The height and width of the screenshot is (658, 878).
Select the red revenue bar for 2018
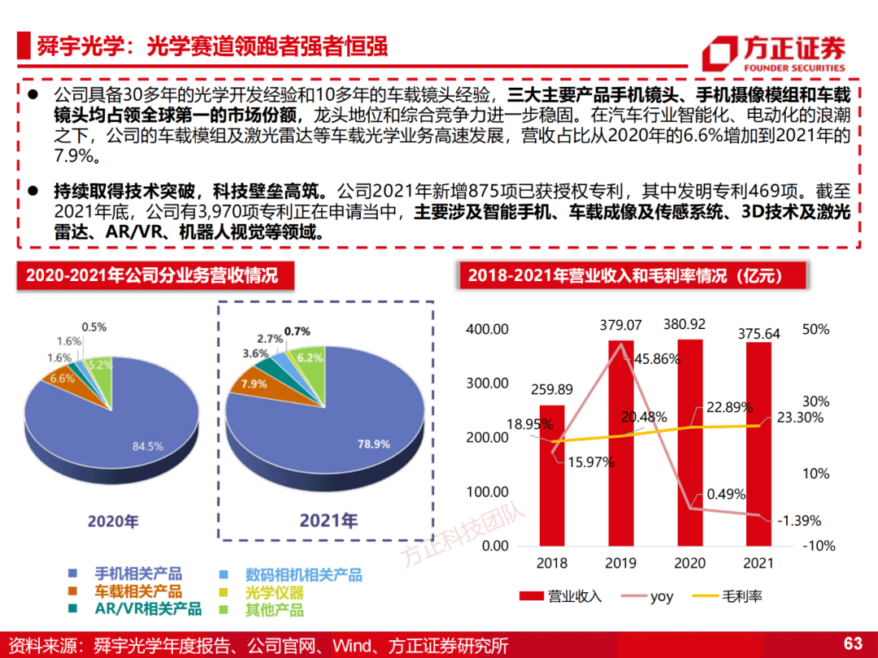(552, 475)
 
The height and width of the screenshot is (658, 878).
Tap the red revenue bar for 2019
(622, 443)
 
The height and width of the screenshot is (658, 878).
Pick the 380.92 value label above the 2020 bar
(690, 325)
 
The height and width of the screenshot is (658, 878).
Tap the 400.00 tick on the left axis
(488, 330)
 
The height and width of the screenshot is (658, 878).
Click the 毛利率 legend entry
(732, 596)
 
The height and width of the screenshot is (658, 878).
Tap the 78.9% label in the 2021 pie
(374, 444)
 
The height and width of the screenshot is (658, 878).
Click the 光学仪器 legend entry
(279, 592)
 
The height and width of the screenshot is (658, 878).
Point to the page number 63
(853, 644)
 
